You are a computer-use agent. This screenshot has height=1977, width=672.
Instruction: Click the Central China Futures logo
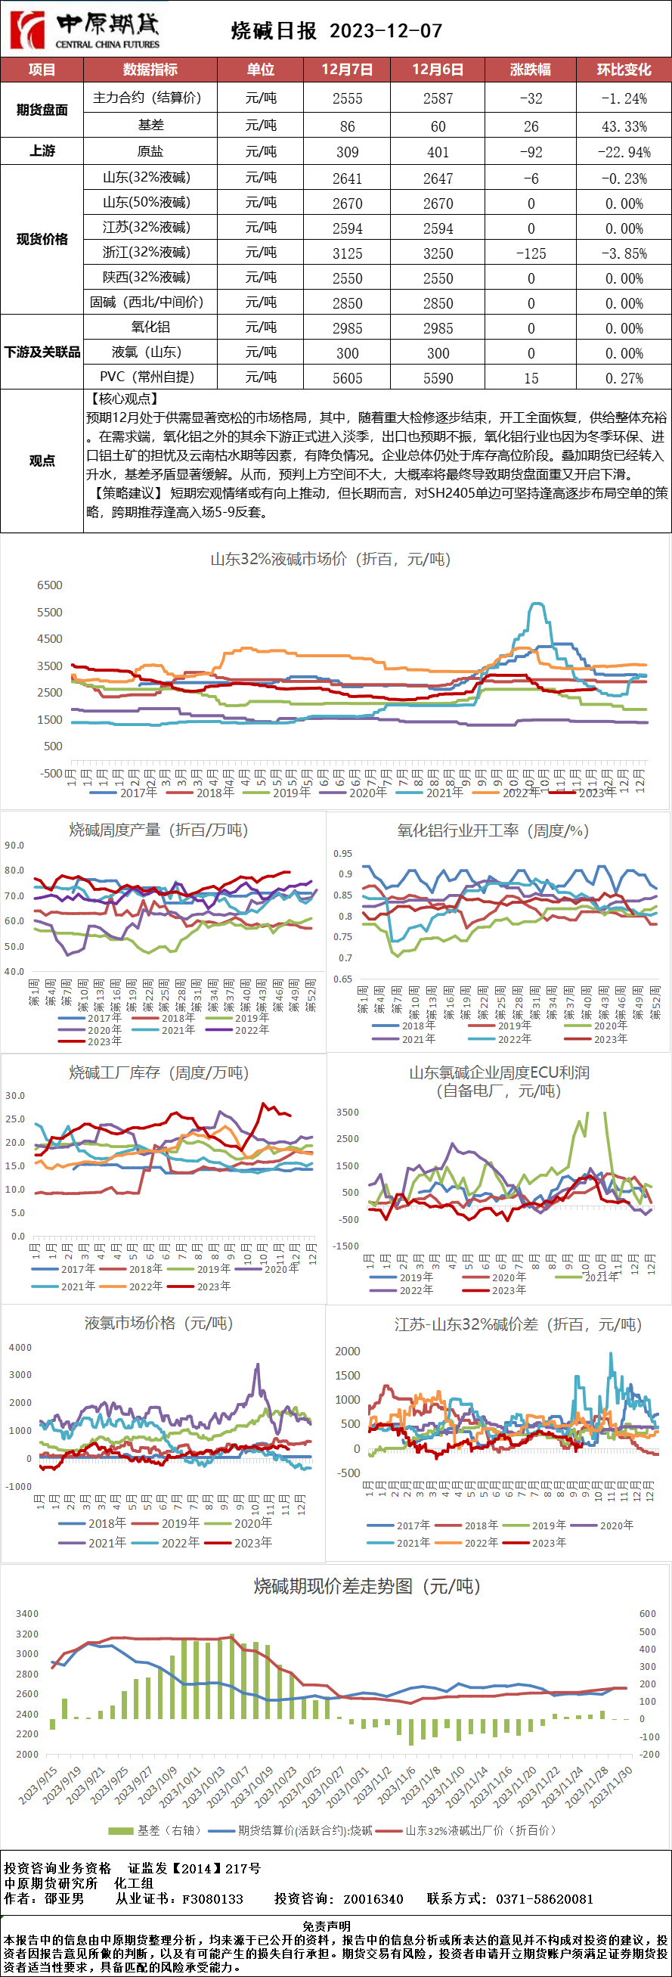[85, 30]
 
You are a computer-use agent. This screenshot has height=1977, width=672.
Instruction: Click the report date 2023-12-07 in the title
[386, 31]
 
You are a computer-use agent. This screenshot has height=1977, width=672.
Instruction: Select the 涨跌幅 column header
[530, 70]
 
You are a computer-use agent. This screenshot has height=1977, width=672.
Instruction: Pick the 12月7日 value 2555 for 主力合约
[348, 99]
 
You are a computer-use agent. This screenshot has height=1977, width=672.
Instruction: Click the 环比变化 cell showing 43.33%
[624, 126]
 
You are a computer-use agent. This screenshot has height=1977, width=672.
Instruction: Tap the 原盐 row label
[150, 151]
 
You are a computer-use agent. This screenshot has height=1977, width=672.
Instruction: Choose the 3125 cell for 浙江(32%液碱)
[348, 253]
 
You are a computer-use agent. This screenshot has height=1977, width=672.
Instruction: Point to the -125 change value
[531, 253]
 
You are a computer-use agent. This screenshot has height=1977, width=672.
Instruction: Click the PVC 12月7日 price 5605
[348, 378]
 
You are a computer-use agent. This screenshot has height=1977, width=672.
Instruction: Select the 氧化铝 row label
[150, 327]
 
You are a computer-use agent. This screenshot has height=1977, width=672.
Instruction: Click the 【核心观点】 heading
[124, 399]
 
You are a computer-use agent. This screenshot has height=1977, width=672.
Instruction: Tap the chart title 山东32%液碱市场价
[330, 559]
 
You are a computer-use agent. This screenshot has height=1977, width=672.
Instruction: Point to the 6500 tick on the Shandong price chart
[50, 585]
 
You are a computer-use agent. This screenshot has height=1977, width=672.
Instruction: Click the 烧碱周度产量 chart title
[158, 830]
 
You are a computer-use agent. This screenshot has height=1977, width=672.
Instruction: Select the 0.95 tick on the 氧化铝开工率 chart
[343, 853]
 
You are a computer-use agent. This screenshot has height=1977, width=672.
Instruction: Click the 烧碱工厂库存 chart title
[159, 1072]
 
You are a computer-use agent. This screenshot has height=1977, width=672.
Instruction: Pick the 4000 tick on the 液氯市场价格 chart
[20, 1348]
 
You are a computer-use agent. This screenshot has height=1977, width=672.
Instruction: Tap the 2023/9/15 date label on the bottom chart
[39, 1783]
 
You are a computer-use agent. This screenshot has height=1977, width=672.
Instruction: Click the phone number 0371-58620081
[544, 1898]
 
